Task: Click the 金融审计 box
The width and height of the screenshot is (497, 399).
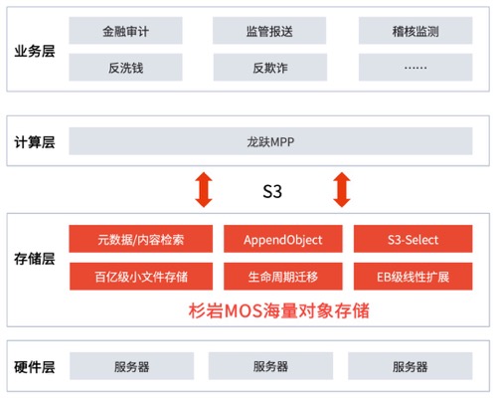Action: (125, 31)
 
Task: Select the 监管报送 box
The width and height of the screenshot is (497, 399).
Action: (269, 31)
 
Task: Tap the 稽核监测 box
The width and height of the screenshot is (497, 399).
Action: (415, 31)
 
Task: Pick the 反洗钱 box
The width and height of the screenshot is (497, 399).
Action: (125, 68)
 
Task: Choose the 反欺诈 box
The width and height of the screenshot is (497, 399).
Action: (270, 68)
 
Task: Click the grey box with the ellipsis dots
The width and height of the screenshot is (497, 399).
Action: (415, 68)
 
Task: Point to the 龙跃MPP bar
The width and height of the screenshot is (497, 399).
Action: (270, 141)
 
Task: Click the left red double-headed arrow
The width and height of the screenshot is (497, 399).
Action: (204, 190)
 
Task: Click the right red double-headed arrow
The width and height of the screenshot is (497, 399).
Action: (342, 190)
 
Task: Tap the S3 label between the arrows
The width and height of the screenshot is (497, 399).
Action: (272, 191)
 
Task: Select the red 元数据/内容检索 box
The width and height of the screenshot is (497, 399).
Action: (141, 239)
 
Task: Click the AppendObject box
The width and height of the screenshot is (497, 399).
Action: (283, 239)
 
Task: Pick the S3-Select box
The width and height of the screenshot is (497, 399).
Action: (414, 239)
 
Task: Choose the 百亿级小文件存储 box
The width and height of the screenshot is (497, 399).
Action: (141, 277)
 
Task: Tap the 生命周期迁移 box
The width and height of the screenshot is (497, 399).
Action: (283, 277)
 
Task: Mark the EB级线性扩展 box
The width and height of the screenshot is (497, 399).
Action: (414, 277)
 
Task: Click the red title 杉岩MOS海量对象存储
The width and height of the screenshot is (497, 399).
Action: (279, 310)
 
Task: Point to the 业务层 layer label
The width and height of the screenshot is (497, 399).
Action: (35, 51)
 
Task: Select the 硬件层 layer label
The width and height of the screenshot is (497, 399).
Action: (35, 367)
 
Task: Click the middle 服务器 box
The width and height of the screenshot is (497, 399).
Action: (270, 366)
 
